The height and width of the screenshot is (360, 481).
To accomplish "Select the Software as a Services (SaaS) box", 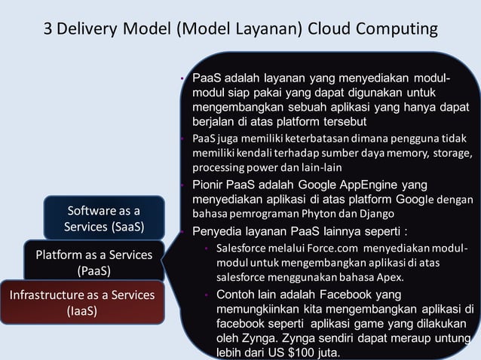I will [x=103, y=218].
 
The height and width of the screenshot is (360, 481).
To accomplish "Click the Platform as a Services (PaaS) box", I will [x=93, y=261].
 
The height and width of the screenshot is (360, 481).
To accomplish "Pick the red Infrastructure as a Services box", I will [x=81, y=301].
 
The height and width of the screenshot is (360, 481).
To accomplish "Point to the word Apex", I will [x=391, y=276].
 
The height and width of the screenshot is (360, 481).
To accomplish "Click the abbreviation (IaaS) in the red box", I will [x=81, y=310].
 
